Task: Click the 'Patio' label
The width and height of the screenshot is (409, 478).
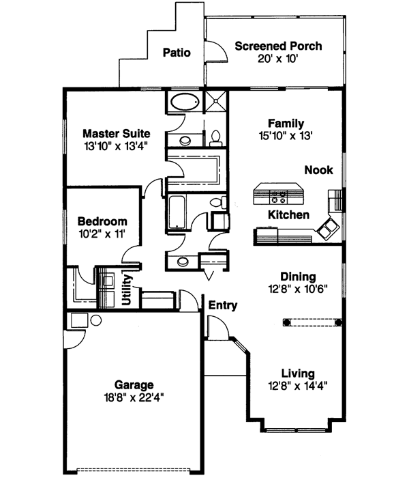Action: [176, 53]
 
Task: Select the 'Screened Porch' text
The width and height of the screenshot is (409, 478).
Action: [278, 46]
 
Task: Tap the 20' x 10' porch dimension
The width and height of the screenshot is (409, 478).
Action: [277, 59]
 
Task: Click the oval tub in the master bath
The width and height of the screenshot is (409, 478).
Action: [183, 103]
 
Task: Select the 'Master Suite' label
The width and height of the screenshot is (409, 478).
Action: [116, 133]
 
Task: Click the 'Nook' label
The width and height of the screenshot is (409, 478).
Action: [318, 169]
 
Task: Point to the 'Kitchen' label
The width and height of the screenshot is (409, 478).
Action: [288, 214]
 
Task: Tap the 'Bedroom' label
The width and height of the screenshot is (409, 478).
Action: [102, 222]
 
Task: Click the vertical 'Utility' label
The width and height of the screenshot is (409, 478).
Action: [127, 290]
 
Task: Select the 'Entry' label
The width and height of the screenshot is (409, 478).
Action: [223, 305]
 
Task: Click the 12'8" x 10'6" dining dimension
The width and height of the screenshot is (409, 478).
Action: [298, 288]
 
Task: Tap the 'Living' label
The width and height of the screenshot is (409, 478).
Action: [298, 373]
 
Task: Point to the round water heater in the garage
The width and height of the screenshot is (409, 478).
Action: [77, 321]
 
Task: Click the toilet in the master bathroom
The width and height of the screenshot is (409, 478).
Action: [215, 137]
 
